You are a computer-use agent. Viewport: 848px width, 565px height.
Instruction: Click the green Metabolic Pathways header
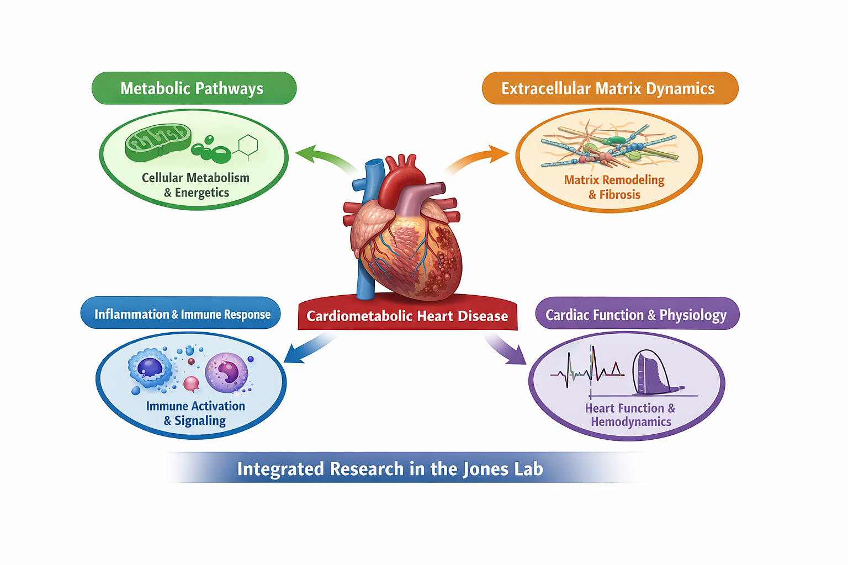[193, 88]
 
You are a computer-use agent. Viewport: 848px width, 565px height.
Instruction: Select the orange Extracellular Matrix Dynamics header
[609, 88]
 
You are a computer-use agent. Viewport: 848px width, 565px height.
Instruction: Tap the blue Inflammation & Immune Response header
[181, 314]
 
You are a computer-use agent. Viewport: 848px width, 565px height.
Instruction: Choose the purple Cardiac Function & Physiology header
[637, 315]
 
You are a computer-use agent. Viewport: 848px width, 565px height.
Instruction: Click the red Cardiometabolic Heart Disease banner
[407, 316]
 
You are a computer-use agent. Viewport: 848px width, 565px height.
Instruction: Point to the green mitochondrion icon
[158, 142]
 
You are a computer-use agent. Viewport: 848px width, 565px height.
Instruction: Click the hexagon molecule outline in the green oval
[248, 146]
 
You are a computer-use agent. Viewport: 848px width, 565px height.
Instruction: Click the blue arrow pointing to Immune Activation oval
[306, 351]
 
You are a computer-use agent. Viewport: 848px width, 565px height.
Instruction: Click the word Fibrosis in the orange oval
[620, 195]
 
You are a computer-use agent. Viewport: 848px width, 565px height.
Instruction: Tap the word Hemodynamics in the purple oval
[631, 422]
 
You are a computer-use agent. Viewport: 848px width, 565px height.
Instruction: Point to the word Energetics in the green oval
[202, 193]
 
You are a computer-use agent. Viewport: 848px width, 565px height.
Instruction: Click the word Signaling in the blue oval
[200, 421]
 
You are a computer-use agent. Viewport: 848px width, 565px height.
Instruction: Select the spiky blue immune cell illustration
[150, 367]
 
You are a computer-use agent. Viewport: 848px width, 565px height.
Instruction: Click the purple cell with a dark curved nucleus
[227, 372]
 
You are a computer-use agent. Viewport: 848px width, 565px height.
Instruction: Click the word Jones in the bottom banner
[486, 469]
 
